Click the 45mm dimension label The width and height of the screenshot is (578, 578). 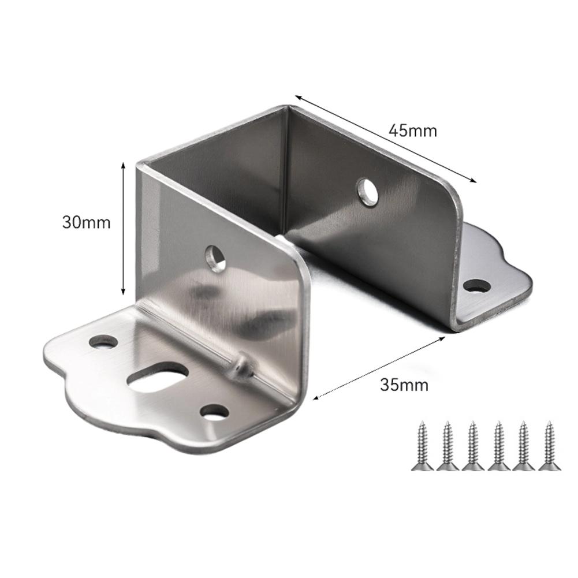click(x=412, y=130)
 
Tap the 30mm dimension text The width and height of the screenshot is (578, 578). click(x=86, y=222)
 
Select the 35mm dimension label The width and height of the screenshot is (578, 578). click(x=404, y=384)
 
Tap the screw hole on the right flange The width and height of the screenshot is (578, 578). click(x=477, y=285)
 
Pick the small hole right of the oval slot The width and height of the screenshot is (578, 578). click(x=214, y=412)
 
